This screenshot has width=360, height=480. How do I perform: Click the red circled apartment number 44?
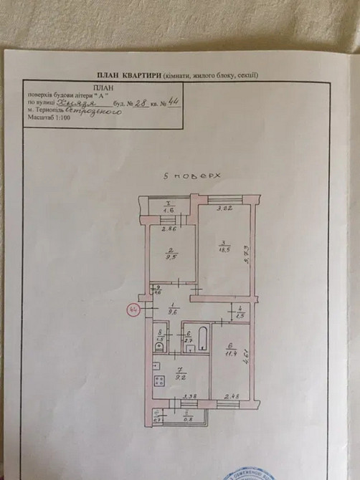pyautogui.click(x=133, y=309)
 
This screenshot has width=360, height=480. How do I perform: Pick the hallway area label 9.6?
pyautogui.click(x=172, y=312)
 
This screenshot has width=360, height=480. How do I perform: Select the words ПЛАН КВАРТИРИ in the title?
pyautogui.click(x=128, y=75)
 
